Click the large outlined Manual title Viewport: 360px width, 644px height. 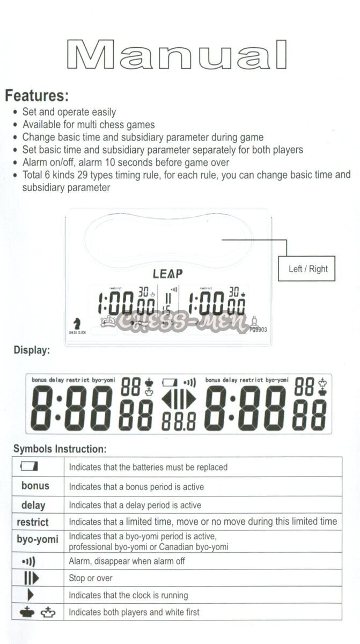pyautogui.click(x=177, y=55)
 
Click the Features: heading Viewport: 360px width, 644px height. pyautogui.click(x=37, y=97)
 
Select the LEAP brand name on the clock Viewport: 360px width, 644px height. pyautogui.click(x=167, y=273)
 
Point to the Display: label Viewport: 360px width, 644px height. pyautogui.click(x=32, y=350)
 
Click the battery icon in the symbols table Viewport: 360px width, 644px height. pyautogui.click(x=30, y=467)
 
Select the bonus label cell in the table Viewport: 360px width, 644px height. pyautogui.click(x=35, y=486)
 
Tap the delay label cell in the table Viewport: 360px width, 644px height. pyautogui.click(x=33, y=505)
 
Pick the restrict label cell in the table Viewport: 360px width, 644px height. pyautogui.click(x=33, y=522)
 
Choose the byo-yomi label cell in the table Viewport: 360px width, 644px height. pyautogui.click(x=37, y=539)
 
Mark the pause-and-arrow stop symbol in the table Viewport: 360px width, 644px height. pyautogui.click(x=31, y=578)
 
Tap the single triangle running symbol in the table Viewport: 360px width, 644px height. pyautogui.click(x=31, y=595)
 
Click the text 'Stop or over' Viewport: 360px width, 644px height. pyautogui.click(x=91, y=579)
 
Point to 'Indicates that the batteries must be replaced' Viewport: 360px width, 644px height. pyautogui.click(x=148, y=467)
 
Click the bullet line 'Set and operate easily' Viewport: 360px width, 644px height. pyautogui.click(x=69, y=112)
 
